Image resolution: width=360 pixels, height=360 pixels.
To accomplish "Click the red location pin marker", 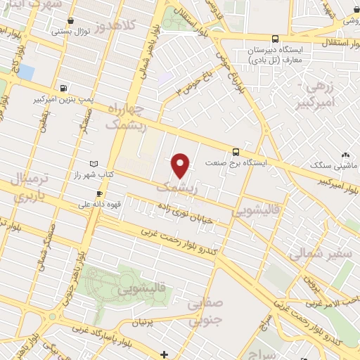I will click(x=181, y=166).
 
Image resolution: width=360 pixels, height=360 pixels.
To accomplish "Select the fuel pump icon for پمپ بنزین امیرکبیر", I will click(x=65, y=89).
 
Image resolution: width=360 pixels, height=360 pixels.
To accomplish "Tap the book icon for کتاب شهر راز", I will click(x=84, y=163).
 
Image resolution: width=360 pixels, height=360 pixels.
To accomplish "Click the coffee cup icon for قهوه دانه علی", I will click(x=99, y=193).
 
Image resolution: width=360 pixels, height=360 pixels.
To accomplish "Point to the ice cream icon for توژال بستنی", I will click(x=56, y=31).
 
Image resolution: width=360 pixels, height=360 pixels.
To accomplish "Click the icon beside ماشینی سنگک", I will click(x=345, y=154).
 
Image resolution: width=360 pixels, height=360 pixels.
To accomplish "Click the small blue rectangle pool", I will click(x=26, y=72).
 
